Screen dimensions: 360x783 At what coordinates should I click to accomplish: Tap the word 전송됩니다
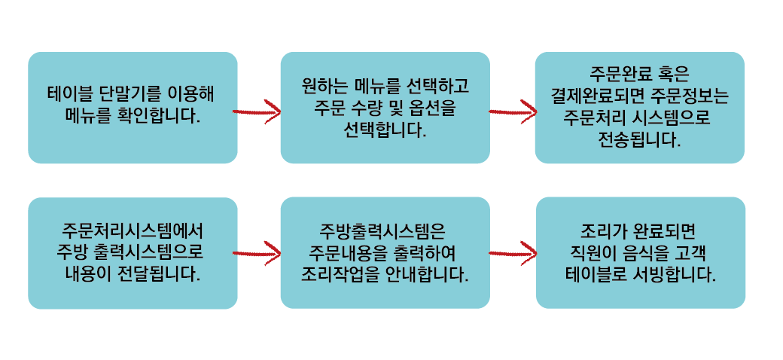pyautogui.click(x=639, y=139)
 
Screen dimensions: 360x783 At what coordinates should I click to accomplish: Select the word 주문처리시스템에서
pyautogui.click(x=133, y=230)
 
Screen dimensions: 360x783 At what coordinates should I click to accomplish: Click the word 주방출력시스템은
pyautogui.click(x=384, y=230)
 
